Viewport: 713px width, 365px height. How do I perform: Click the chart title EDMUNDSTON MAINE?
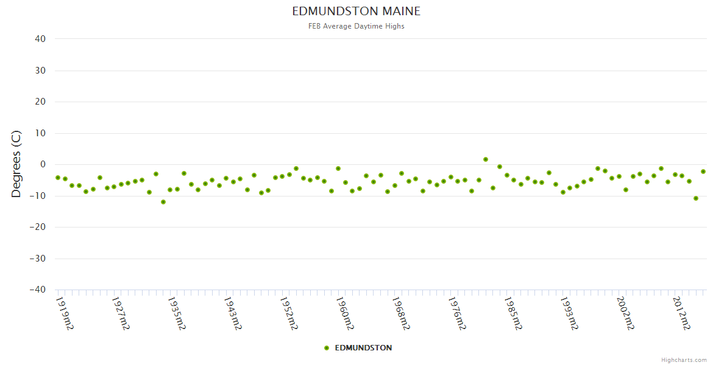[x=356, y=12]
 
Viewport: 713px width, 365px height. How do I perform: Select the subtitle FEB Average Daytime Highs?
[x=356, y=26]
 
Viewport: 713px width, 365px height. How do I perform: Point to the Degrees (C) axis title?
[x=16, y=164]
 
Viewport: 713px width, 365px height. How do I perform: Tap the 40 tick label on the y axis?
[x=40, y=39]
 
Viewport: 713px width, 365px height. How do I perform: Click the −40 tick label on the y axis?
[x=37, y=290]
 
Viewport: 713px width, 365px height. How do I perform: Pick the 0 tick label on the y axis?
[x=43, y=164]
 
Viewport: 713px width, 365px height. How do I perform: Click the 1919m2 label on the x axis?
[x=65, y=313]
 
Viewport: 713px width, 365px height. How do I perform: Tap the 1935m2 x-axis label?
[x=177, y=313]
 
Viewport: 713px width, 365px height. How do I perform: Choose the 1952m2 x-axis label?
[x=289, y=313]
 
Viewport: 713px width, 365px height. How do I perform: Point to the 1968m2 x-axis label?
[x=400, y=313]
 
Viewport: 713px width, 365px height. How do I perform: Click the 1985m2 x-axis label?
[x=513, y=313]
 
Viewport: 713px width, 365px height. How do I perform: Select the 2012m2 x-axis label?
[x=681, y=313]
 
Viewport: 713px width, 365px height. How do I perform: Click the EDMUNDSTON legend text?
[x=363, y=348]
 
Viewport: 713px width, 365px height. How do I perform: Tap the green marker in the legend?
[x=327, y=348]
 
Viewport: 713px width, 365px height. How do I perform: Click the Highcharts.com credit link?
[x=684, y=360]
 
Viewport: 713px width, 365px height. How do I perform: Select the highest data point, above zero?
[x=486, y=159]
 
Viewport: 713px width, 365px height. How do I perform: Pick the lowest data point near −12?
[x=163, y=202]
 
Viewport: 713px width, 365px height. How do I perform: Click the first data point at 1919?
[x=58, y=178]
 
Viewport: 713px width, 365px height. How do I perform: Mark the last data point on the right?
[x=703, y=172]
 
